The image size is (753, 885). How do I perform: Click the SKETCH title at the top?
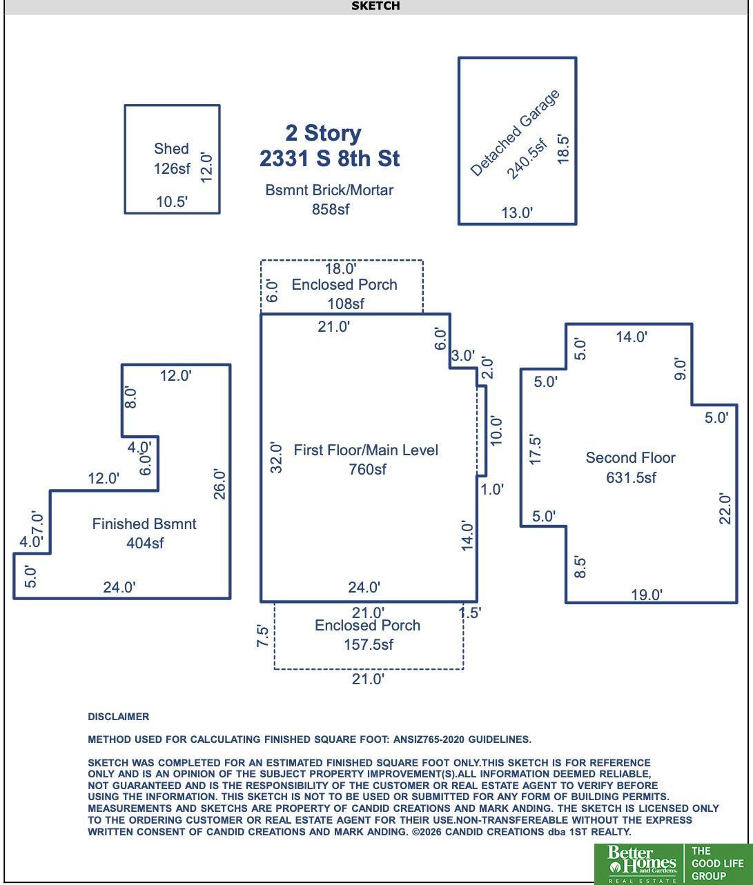click(x=375, y=6)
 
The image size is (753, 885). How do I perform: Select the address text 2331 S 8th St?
click(x=329, y=159)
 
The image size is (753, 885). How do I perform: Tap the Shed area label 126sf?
click(x=172, y=169)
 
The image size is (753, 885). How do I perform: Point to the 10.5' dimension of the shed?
click(x=172, y=201)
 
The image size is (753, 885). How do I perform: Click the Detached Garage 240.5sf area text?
click(x=527, y=159)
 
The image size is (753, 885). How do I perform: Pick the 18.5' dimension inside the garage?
click(x=563, y=149)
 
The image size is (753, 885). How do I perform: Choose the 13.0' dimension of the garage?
click(x=517, y=212)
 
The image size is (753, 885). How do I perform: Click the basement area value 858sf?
click(x=330, y=210)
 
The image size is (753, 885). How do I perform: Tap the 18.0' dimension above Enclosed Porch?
click(x=340, y=269)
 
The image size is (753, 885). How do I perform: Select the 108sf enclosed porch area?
click(x=346, y=304)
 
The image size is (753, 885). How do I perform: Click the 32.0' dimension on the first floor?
click(x=277, y=458)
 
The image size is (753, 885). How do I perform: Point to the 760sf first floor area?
click(x=367, y=470)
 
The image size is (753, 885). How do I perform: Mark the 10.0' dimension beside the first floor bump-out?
click(x=496, y=430)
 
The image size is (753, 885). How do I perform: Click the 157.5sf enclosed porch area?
click(x=369, y=645)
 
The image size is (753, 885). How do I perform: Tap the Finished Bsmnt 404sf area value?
click(x=145, y=544)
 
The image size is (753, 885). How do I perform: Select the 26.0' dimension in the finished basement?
click(x=219, y=484)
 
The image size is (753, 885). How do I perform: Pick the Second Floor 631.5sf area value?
click(x=631, y=477)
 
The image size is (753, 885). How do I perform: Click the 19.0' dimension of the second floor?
click(x=647, y=595)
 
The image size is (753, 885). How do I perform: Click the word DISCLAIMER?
click(x=118, y=717)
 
